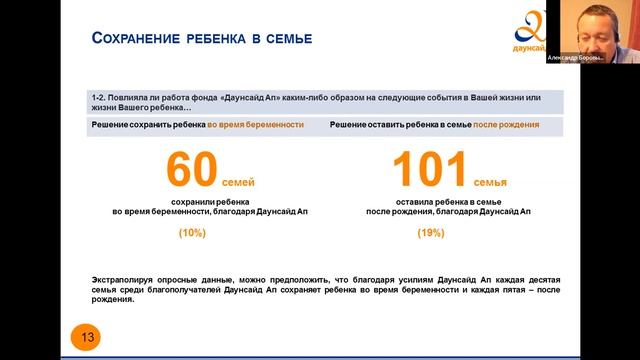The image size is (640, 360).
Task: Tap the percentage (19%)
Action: (x=432, y=233)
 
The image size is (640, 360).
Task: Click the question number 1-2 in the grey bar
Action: (x=97, y=98)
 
